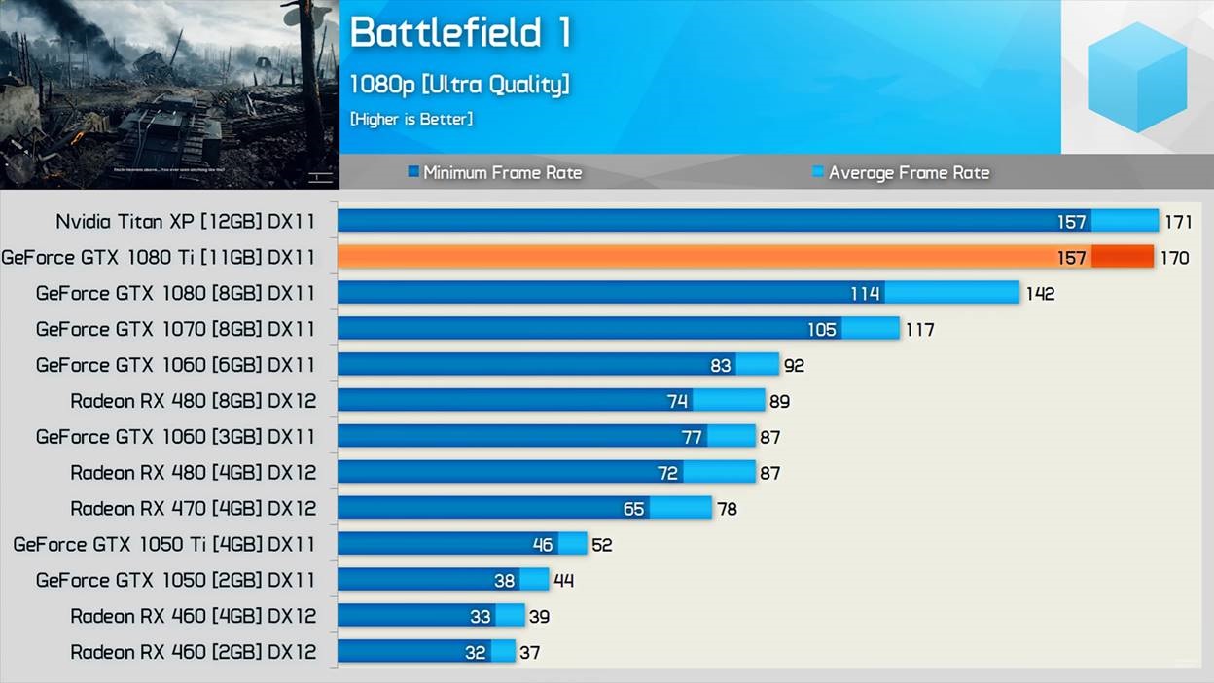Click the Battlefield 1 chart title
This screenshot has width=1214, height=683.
click(459, 33)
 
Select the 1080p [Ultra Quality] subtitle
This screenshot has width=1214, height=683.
click(459, 85)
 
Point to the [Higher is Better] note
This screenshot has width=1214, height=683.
click(411, 119)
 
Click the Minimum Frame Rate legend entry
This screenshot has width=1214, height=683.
click(495, 173)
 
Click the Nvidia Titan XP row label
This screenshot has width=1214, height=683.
click(186, 222)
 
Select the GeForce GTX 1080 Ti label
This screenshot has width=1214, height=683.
click(159, 258)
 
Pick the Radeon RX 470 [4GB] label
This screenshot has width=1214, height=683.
click(194, 509)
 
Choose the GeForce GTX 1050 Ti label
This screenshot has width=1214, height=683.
click(164, 545)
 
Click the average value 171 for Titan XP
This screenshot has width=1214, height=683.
click(1178, 222)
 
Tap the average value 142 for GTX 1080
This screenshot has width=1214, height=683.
click(1040, 294)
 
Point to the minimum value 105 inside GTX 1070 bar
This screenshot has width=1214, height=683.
click(822, 330)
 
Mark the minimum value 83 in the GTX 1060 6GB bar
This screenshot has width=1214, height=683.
click(721, 366)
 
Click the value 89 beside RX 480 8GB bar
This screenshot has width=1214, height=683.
click(779, 402)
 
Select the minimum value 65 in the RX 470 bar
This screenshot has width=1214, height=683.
click(633, 509)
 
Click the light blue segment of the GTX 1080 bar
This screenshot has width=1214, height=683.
click(951, 293)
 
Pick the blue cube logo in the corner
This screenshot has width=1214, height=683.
click(1137, 77)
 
